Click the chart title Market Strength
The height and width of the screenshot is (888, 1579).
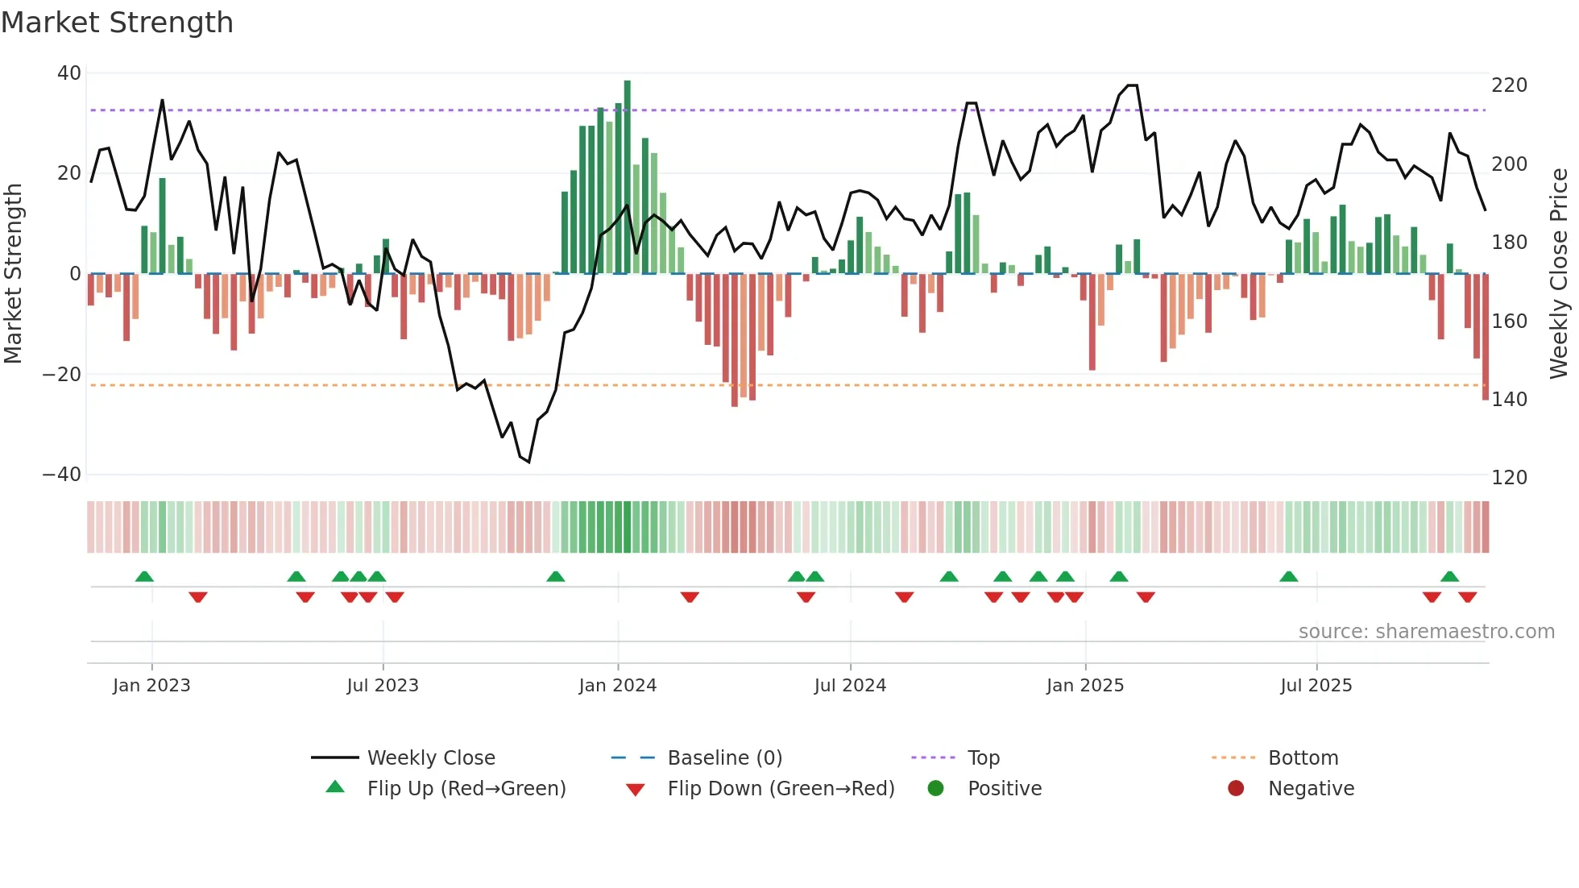[x=117, y=23]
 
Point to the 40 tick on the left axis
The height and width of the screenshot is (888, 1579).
[x=69, y=73]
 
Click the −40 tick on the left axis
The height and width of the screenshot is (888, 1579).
[x=62, y=475]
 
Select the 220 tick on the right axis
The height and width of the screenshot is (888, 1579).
[x=1509, y=85]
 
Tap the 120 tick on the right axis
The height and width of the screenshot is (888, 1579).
[x=1509, y=478]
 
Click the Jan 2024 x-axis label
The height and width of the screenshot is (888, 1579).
[x=618, y=686]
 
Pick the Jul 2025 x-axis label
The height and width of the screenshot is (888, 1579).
[x=1316, y=686]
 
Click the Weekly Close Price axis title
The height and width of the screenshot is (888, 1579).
[x=1559, y=274]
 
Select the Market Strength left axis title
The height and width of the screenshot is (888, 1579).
[x=14, y=274]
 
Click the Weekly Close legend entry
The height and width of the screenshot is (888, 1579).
[x=431, y=758]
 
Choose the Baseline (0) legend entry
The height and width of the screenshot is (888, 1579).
[x=725, y=758]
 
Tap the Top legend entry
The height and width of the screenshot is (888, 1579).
[x=983, y=758]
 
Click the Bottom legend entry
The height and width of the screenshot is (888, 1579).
[x=1303, y=758]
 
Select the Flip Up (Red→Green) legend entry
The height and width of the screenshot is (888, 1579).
[x=466, y=789]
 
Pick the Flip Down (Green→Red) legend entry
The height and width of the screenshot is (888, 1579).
[x=781, y=789]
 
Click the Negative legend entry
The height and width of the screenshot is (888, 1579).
[x=1311, y=789]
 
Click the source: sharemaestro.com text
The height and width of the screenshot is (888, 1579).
[x=1426, y=632]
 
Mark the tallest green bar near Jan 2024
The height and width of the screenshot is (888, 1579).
[x=628, y=177]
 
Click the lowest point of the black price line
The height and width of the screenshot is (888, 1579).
[x=528, y=462]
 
